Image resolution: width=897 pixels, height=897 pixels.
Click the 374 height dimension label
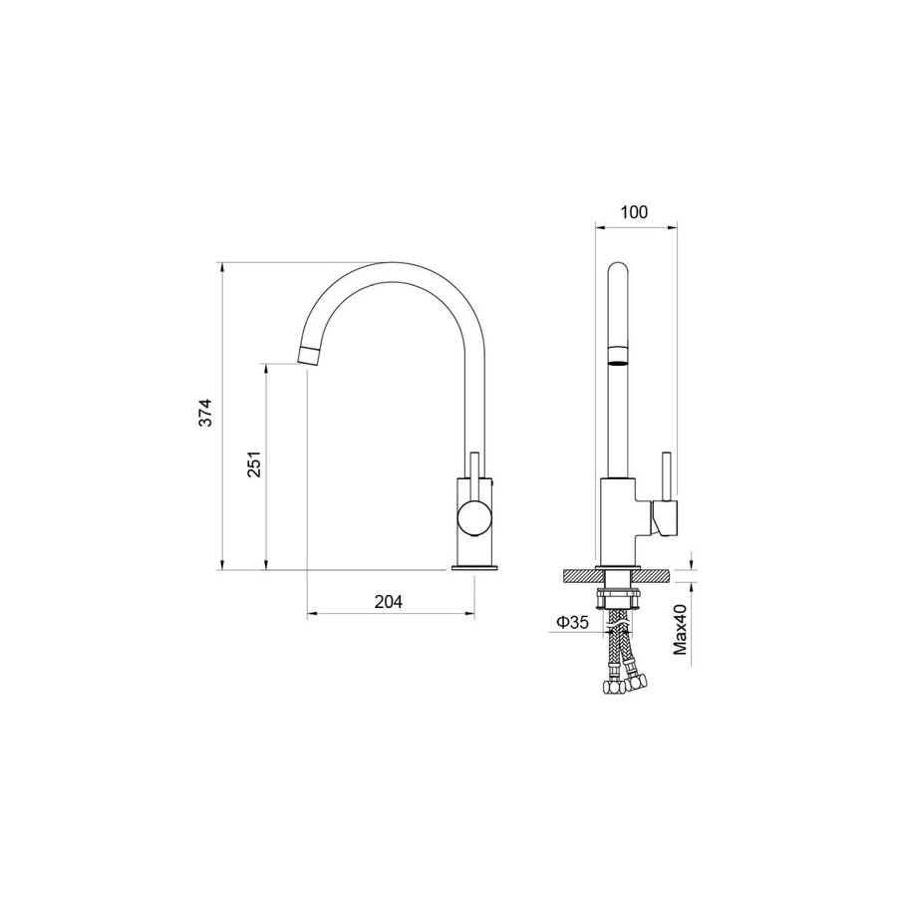[x=205, y=412]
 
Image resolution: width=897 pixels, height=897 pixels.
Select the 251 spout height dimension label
[x=254, y=463]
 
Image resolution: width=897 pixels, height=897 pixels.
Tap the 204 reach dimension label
[x=389, y=602]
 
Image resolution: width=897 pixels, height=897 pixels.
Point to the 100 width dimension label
[x=634, y=212]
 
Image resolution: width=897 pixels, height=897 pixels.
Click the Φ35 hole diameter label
[x=572, y=622]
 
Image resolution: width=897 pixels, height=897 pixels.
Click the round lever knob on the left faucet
[x=474, y=517]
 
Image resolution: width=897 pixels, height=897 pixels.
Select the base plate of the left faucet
[x=474, y=567]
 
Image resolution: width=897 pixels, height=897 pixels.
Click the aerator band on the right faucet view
[x=618, y=355]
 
